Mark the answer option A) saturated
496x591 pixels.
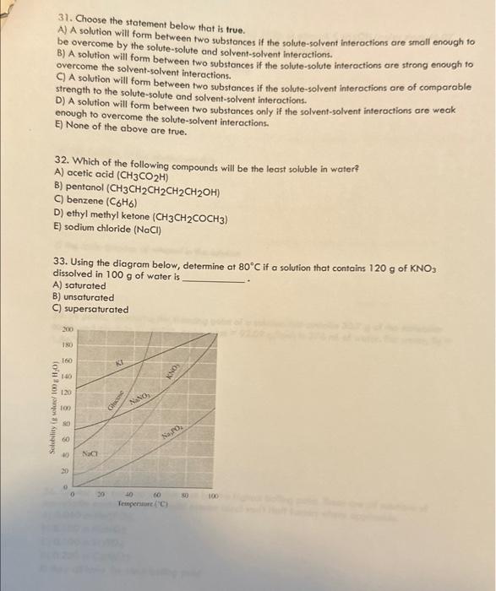click(x=79, y=285)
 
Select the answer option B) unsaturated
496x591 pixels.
click(x=84, y=297)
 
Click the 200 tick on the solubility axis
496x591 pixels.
click(x=67, y=328)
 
